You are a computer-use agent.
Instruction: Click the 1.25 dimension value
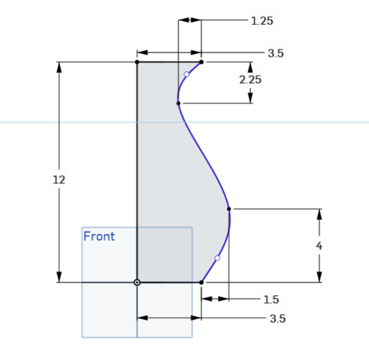coord(262,21)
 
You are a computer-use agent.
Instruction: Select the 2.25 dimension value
coord(250,80)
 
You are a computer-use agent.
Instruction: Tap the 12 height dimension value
coord(59,180)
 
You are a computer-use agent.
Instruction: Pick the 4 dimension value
coord(319,246)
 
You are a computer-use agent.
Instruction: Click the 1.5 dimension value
coord(271,300)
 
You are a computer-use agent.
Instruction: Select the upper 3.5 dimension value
coord(276,53)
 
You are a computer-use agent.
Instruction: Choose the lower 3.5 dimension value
coord(278,319)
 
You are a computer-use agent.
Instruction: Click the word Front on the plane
coord(99,236)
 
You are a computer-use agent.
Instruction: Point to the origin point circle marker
coord(137,282)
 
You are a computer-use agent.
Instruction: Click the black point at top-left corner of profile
coord(137,62)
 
